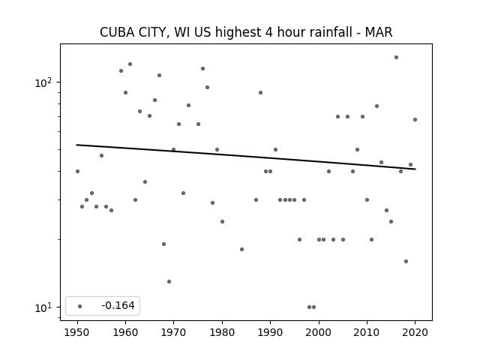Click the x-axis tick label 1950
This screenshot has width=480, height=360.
click(77, 332)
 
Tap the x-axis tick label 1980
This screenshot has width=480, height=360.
click(222, 332)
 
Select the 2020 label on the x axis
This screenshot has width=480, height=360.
click(415, 332)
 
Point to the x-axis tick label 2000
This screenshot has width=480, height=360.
click(319, 332)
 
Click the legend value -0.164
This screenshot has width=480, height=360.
click(118, 305)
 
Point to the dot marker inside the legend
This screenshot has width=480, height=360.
click(80, 306)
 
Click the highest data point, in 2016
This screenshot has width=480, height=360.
click(396, 57)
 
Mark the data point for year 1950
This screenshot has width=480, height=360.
click(77, 172)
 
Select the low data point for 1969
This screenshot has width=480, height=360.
click(169, 282)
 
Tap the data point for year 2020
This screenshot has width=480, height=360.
click(415, 120)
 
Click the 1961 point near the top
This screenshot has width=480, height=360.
click(130, 64)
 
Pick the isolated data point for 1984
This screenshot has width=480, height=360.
click(241, 250)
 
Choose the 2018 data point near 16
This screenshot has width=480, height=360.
click(406, 262)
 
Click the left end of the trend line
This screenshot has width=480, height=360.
click(76, 145)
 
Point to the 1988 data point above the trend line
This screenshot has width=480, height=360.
click(260, 93)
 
